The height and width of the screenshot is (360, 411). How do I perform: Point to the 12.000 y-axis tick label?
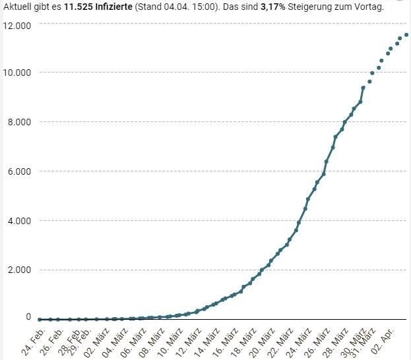tap(18, 24)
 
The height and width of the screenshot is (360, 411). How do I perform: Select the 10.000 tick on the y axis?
tap(18, 73)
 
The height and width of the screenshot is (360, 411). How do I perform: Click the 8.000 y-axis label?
tap(20, 122)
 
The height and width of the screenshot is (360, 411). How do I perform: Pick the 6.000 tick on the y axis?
tap(20, 171)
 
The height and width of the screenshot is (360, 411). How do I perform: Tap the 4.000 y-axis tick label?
tap(20, 220)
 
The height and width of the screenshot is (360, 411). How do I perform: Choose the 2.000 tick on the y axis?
tap(20, 270)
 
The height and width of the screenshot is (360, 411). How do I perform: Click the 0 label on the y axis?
tap(28, 317)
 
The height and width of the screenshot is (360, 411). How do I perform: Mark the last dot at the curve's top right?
tap(406, 35)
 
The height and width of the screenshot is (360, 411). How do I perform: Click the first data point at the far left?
tap(40, 319)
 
